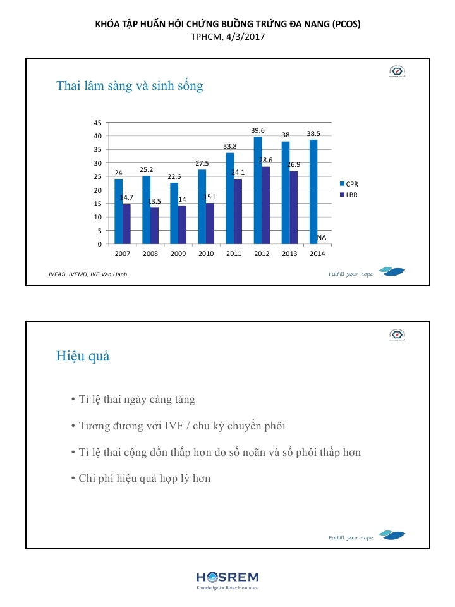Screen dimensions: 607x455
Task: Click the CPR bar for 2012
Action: [258, 190]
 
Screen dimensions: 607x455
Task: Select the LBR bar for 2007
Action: [126, 224]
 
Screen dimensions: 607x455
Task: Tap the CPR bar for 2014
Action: [313, 192]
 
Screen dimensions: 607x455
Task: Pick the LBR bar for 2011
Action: [238, 211]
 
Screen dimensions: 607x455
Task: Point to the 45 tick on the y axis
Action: [97, 123]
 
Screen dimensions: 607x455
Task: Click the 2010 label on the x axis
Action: [206, 254]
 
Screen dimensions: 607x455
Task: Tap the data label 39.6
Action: [258, 130]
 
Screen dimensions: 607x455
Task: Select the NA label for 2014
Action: [322, 237]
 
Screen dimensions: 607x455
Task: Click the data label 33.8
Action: [230, 146]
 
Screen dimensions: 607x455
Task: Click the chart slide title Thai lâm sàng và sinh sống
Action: [130, 85]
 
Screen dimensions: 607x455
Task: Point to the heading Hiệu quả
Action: [83, 356]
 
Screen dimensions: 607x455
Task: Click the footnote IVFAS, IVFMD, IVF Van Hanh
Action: [88, 274]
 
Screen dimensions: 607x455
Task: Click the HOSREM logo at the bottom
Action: [227, 579]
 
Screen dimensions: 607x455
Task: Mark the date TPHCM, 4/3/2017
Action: [227, 37]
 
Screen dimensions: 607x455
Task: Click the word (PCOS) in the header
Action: [346, 24]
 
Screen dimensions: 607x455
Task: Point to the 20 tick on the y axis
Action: [97, 190]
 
